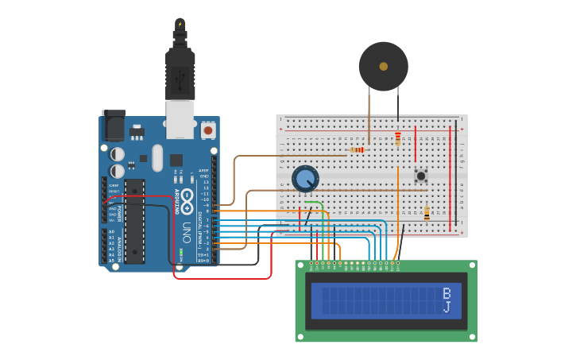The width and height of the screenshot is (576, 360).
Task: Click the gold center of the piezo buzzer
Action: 383,66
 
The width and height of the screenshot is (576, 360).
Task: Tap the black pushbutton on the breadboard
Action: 421,175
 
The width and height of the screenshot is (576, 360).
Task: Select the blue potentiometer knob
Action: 305,178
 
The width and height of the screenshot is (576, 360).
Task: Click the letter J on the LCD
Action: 446,307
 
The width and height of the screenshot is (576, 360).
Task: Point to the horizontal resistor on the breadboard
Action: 357,149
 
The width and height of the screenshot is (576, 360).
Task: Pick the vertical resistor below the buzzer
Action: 397,138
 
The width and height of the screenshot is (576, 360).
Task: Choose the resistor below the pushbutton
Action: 426,213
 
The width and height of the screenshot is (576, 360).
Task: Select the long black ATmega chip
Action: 134,221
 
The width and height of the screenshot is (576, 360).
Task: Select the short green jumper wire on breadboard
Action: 315,203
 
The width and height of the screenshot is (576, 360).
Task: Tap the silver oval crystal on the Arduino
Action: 157,157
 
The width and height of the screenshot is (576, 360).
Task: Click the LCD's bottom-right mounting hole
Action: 471,336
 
